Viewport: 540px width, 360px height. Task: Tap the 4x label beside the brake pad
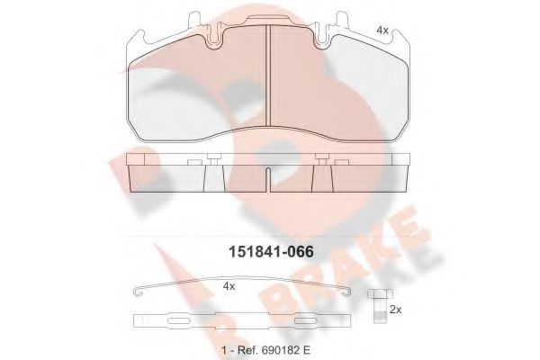pos(382,31)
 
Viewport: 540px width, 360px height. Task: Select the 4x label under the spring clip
pos(229,286)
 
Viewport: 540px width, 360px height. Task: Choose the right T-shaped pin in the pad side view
pos(321,162)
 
